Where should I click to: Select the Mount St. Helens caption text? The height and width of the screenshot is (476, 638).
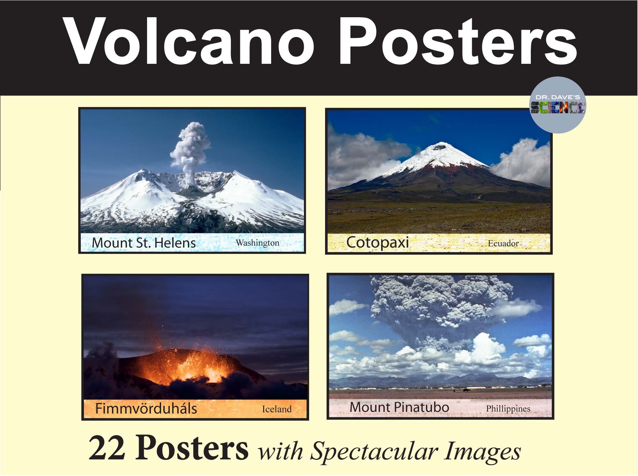pyautogui.click(x=144, y=243)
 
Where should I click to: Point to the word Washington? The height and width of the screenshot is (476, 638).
pyautogui.click(x=257, y=243)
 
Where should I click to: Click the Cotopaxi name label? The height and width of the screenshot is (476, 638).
pyautogui.click(x=377, y=242)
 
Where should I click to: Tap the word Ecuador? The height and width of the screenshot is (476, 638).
pyautogui.click(x=503, y=244)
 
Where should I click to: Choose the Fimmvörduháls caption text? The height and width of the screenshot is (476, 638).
pyautogui.click(x=146, y=409)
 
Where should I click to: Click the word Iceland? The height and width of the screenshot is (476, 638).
pyautogui.click(x=277, y=409)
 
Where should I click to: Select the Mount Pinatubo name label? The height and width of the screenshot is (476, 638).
pyautogui.click(x=399, y=407)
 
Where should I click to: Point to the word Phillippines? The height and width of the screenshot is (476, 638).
pyautogui.click(x=508, y=409)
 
